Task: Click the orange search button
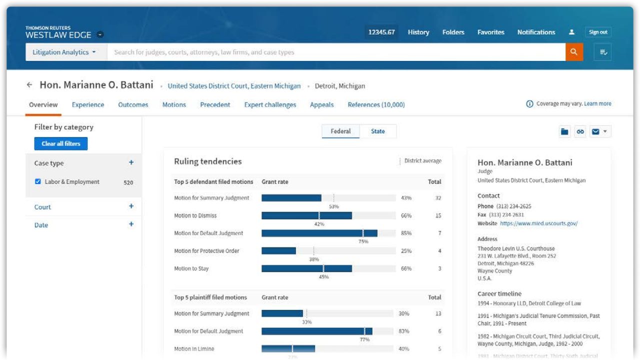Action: (574, 52)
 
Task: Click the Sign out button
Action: (598, 32)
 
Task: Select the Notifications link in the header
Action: (536, 32)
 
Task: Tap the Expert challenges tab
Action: (270, 104)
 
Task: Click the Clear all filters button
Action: (61, 143)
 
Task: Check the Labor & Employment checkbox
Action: (38, 181)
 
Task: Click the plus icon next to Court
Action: (131, 206)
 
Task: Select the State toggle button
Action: (378, 131)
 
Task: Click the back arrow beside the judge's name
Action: (29, 85)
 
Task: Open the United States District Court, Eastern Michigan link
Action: (234, 86)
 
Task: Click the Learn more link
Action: (597, 103)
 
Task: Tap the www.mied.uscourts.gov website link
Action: (538, 223)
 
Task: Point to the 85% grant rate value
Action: (406, 233)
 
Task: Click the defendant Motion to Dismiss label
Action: (195, 215)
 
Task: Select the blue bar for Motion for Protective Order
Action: (278, 251)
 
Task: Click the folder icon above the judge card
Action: (564, 131)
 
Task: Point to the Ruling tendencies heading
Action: (207, 161)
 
